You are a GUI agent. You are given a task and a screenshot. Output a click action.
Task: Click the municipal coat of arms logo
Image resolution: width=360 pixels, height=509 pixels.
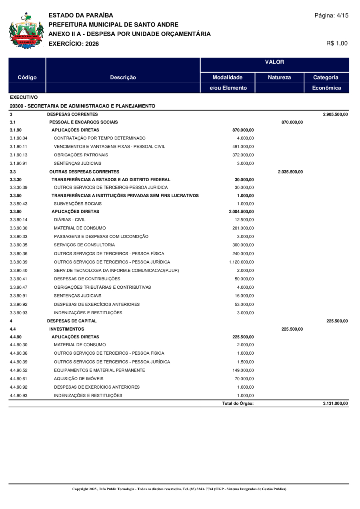[26, 31]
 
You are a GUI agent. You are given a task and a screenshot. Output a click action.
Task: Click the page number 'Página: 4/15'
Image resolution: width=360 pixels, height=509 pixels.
[331, 16]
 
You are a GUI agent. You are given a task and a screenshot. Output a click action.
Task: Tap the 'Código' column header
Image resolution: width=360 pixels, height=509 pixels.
[27, 78]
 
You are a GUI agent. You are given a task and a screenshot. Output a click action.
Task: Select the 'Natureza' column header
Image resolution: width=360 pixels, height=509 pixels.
[279, 78]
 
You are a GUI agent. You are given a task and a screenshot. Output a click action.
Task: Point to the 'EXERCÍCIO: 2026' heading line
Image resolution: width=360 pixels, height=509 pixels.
[74, 44]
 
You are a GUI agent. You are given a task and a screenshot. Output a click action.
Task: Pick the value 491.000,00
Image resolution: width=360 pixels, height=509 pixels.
[243, 146]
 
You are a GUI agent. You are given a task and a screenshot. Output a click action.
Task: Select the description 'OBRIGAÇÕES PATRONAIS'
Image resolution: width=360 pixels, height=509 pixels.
[81, 155]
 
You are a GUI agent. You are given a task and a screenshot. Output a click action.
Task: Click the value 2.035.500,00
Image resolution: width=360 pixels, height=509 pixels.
[290, 172]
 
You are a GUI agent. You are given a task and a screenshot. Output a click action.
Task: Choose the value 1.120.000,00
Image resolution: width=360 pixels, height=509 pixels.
[242, 262]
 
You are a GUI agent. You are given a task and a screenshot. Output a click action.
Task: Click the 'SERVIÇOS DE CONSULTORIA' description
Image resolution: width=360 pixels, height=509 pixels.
[84, 245]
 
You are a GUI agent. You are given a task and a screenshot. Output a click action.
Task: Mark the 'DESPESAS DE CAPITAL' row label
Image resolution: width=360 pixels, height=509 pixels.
[72, 321]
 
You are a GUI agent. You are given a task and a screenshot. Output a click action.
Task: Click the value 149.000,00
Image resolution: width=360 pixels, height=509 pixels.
[243, 370]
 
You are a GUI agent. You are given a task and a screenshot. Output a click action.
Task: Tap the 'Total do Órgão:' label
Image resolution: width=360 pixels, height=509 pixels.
[238, 403]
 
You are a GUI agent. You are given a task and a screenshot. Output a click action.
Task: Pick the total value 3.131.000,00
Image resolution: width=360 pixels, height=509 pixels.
[335, 403]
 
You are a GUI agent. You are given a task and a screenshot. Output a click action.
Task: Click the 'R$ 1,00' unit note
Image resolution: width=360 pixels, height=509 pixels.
[337, 43]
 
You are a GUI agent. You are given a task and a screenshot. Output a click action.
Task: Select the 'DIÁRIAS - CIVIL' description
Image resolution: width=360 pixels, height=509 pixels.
[70, 220]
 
